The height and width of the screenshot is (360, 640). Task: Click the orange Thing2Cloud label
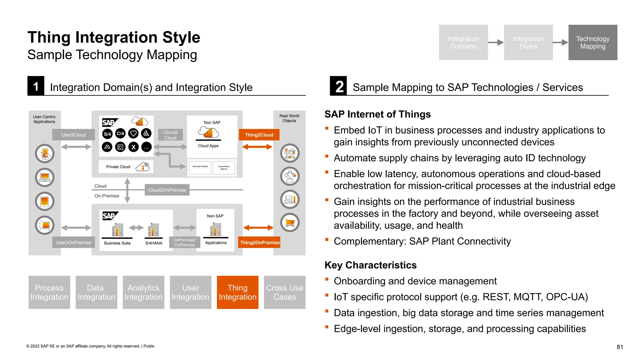click(x=259, y=135)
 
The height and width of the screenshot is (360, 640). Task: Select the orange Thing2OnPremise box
click(x=259, y=242)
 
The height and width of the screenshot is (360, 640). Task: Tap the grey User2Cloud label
click(x=73, y=135)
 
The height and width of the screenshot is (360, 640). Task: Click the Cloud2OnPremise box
click(x=167, y=190)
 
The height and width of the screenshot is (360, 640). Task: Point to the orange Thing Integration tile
click(x=237, y=292)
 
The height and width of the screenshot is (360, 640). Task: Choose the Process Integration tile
click(x=49, y=292)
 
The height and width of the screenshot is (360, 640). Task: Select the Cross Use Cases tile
click(x=284, y=292)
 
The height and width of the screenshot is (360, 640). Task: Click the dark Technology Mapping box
click(x=592, y=42)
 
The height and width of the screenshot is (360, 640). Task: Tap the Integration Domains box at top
click(x=463, y=42)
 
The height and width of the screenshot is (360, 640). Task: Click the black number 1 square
click(x=36, y=86)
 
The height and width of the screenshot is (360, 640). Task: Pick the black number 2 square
click(x=338, y=86)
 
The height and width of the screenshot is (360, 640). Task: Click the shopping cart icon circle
click(x=290, y=222)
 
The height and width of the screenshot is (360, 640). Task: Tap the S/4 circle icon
click(x=107, y=134)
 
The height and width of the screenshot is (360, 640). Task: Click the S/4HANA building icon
click(x=153, y=230)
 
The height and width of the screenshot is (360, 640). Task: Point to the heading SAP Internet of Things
click(x=377, y=114)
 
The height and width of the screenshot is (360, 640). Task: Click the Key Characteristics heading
click(x=370, y=265)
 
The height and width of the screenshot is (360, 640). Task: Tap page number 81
click(x=620, y=347)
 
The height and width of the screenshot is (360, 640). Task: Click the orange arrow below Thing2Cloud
click(x=257, y=147)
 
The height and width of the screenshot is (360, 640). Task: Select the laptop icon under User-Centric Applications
click(x=45, y=177)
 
